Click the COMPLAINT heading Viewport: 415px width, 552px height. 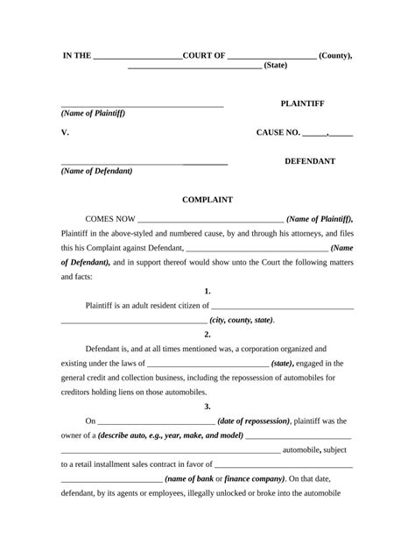click(x=207, y=200)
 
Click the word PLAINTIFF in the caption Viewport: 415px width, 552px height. click(x=302, y=103)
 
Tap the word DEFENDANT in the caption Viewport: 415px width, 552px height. click(x=310, y=162)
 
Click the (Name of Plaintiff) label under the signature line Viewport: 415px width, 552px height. click(x=93, y=115)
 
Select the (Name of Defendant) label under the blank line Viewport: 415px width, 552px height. click(x=96, y=171)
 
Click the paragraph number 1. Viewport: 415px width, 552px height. click(x=207, y=290)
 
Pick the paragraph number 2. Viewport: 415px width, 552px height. click(x=207, y=334)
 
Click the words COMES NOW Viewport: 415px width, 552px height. click(x=109, y=218)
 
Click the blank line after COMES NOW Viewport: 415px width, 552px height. click(x=210, y=220)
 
